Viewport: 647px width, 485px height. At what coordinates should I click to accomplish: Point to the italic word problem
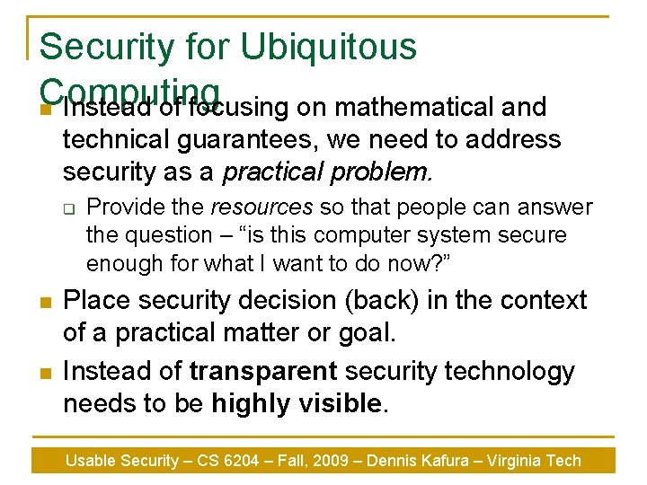click(381, 170)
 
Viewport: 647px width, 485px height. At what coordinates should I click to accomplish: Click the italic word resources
click(261, 207)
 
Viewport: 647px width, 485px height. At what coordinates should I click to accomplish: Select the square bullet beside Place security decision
click(44, 301)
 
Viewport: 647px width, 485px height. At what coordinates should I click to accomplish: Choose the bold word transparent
click(264, 371)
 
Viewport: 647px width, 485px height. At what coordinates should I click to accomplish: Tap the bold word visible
click(339, 403)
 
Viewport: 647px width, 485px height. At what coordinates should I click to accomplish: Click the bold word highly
click(250, 403)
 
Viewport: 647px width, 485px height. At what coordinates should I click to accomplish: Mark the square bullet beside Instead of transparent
click(44, 372)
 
